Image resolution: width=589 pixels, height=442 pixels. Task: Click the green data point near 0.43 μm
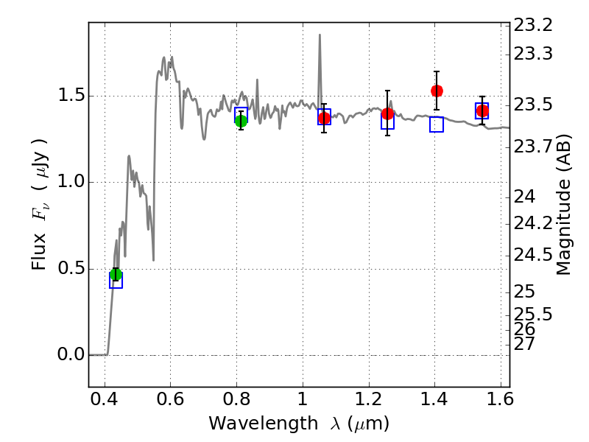point(116,274)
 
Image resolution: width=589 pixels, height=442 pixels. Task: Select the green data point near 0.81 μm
point(241,121)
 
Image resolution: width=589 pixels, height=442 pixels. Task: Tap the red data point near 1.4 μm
point(437,91)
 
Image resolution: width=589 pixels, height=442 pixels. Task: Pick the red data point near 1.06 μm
point(324,119)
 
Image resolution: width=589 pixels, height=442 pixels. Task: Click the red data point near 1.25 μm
point(388,113)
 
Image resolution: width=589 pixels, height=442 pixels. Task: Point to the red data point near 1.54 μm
point(482,111)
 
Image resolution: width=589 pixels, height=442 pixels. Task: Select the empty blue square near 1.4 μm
point(437,124)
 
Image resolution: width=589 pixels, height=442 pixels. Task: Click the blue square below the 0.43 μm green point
point(116,281)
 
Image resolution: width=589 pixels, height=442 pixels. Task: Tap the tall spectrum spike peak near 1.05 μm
point(320,35)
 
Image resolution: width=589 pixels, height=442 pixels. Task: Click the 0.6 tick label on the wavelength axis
point(170,399)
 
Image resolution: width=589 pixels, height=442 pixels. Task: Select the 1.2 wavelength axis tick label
point(369,399)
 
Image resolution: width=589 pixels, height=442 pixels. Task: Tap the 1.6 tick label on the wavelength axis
point(501,399)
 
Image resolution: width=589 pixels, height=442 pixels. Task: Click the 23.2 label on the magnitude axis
point(533,26)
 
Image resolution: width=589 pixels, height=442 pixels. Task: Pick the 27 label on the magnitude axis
point(524,343)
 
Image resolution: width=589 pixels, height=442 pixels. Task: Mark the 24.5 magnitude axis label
point(533,255)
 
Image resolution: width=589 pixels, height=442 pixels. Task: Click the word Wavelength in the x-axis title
point(264,424)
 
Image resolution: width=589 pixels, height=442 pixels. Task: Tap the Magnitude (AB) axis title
point(563,205)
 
